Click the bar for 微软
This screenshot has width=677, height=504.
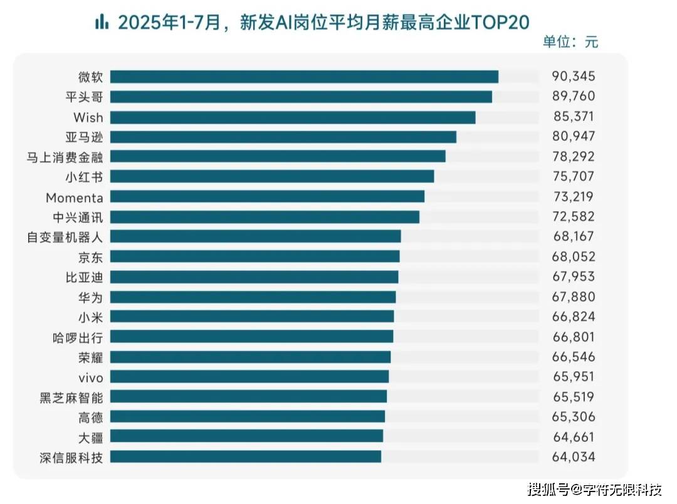pos(304,76)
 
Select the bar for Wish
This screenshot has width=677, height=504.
pos(293,117)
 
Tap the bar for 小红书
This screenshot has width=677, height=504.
pos(272,176)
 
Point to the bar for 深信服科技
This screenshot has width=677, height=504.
pos(246,457)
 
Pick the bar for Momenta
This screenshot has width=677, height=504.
pos(267,196)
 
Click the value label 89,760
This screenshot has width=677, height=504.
pos(573,97)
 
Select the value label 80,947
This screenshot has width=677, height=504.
pos(573,137)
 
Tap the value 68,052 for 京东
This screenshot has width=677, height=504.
pos(573,256)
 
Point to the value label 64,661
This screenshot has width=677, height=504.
pos(573,437)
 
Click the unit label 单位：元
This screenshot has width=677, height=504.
pos(570,42)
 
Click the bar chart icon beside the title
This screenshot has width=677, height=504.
pos(102,23)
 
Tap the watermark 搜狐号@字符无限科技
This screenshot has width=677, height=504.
pos(595,488)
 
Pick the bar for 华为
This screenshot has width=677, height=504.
pos(253,297)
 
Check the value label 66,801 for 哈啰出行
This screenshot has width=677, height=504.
pos(573,337)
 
